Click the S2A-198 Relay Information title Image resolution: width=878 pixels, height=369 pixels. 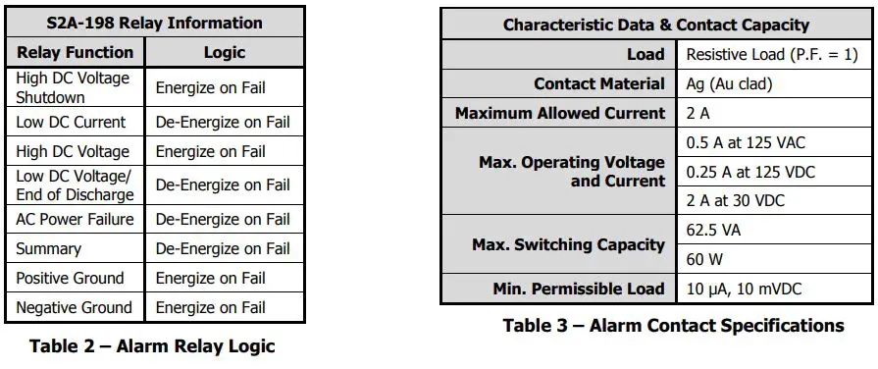point(155,23)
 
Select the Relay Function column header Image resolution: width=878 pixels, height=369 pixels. point(75,53)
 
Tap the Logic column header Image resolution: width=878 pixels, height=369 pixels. point(225,53)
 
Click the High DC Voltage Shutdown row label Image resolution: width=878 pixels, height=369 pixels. point(72,87)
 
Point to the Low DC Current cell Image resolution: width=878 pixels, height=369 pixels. point(71,123)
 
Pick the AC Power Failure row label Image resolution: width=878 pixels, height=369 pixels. point(75,219)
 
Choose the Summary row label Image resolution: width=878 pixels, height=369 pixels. point(48,248)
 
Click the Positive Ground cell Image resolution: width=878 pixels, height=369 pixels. point(70,278)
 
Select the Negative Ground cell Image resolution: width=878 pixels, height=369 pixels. point(74,307)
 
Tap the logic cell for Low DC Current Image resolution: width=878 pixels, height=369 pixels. point(223,123)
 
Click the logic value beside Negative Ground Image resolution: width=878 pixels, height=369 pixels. point(210,307)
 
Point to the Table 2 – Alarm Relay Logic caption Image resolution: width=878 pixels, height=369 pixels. point(152,345)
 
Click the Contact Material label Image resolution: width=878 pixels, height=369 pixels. point(598,84)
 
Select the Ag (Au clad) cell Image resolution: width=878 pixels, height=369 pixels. point(729,84)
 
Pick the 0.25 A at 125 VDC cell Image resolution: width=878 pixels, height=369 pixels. point(750,172)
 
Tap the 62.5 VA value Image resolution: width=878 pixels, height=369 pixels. point(714,232)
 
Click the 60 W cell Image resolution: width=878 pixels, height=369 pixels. point(705,260)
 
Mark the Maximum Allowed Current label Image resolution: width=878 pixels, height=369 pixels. point(559,114)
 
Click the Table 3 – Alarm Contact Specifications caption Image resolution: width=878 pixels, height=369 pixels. point(673,325)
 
